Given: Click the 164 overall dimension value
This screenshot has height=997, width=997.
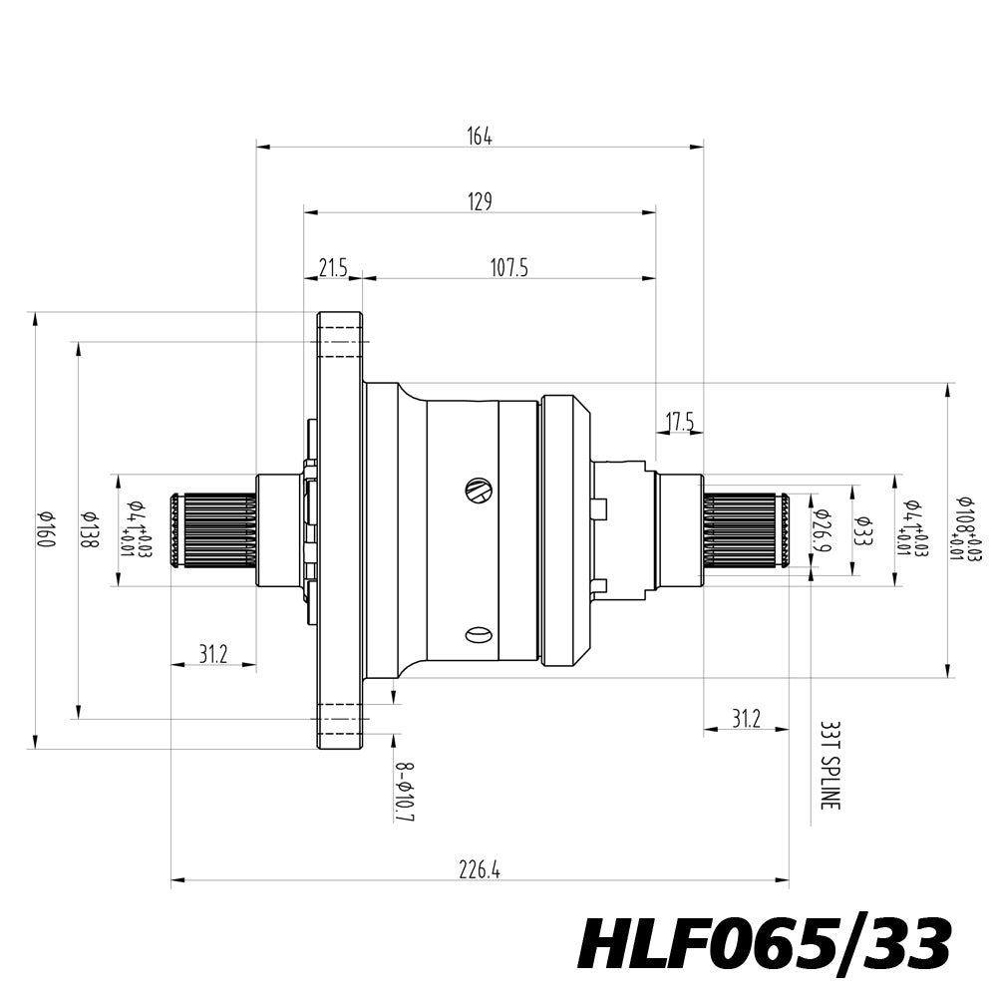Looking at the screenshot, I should (480, 137).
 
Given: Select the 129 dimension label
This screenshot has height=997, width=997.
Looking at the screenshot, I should (480, 202).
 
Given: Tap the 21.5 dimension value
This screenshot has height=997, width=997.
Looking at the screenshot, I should (332, 267).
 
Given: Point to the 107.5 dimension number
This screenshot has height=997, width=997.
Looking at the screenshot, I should (508, 267).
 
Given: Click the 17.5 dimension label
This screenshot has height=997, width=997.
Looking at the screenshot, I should (680, 423).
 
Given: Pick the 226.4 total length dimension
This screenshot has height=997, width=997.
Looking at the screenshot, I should (480, 870).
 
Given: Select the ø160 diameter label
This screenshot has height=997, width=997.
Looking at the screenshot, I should (45, 529).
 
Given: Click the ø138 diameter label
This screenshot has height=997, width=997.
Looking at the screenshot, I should (89, 529).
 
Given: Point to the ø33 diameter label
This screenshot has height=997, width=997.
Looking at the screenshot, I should (863, 529).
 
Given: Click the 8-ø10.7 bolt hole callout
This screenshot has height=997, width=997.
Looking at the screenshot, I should (404, 793).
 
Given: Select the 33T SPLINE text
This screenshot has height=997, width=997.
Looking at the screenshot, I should (827, 766).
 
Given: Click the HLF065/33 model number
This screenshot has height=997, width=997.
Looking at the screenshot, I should (764, 944).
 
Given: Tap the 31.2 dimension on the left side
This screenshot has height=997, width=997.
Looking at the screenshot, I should (212, 654).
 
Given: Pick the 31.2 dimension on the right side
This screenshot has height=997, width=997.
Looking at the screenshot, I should (746, 719).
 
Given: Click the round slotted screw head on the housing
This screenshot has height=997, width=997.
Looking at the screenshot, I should (479, 490).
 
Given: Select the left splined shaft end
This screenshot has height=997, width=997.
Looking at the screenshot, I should (212, 529).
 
